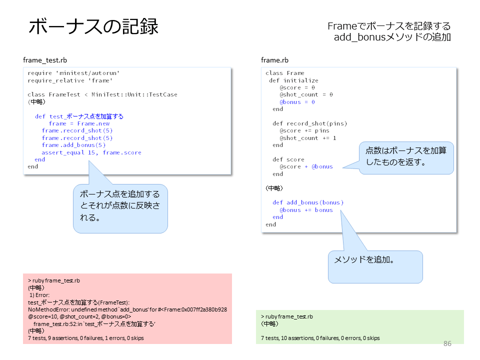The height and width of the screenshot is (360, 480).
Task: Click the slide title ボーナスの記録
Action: [93, 26]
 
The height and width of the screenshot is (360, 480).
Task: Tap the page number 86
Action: [447, 343]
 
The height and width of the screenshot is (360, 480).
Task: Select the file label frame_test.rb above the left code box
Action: [45, 60]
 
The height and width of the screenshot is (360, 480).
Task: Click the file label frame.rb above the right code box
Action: [274, 60]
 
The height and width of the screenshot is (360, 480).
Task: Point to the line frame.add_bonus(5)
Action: [73, 145]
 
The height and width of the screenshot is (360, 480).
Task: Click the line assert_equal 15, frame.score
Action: [91, 152]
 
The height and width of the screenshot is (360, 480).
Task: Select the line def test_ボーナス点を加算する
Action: [79, 116]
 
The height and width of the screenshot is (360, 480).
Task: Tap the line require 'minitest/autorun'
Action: [73, 73]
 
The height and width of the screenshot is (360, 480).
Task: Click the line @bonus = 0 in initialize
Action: [297, 102]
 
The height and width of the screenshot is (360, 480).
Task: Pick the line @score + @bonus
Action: [306, 166]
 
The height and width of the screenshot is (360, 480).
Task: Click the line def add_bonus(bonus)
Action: [308, 202]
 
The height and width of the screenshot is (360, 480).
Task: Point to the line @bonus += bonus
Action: [306, 210]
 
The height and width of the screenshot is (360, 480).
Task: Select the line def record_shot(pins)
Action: [310, 123]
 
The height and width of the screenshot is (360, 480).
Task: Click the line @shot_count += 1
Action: [307, 138]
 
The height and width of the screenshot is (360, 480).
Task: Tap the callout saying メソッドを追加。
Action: [375, 267]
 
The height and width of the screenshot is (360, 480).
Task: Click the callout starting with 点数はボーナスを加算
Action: [406, 158]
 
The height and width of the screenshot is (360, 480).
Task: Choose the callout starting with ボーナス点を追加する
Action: [120, 208]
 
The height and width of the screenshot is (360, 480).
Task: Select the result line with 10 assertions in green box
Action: [320, 338]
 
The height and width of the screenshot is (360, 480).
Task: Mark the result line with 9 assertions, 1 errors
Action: [85, 338]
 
